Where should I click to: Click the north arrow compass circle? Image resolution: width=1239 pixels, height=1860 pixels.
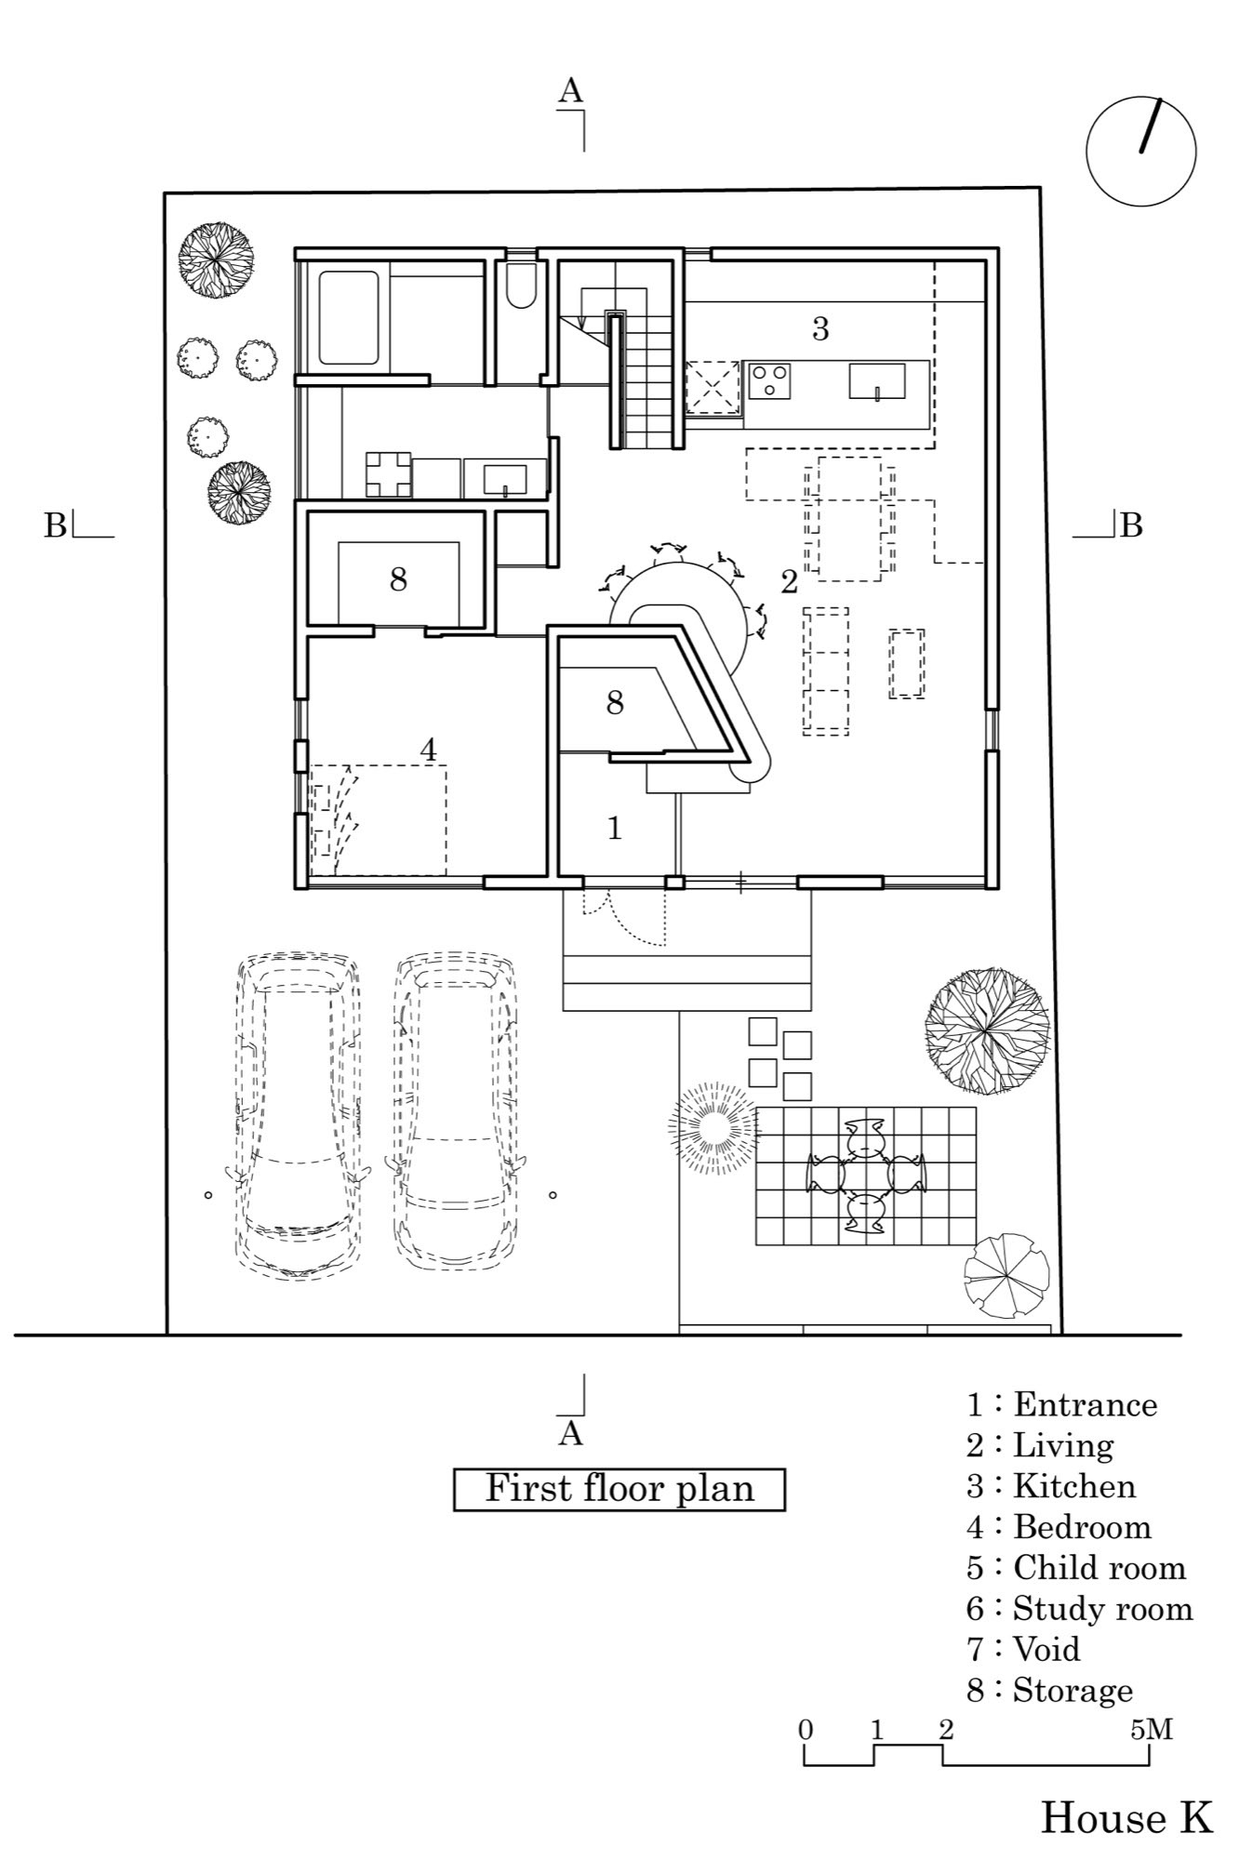(x=1140, y=151)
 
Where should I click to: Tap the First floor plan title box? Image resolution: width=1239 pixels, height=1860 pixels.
(x=619, y=1489)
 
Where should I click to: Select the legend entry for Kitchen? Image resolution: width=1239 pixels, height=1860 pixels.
(x=1051, y=1486)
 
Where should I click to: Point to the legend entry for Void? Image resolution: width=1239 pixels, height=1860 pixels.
(x=1024, y=1649)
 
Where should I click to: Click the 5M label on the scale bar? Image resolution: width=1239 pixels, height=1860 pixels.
(x=1151, y=1730)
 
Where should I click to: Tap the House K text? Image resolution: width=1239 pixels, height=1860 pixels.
(x=1126, y=1817)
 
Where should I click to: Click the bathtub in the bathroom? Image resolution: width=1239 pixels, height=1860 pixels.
(x=349, y=317)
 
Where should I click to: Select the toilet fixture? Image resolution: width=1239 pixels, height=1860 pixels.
(x=521, y=285)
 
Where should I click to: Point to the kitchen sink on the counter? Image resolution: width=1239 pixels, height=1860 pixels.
(x=876, y=380)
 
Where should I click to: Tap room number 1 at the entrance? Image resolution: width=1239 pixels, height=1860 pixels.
(x=614, y=828)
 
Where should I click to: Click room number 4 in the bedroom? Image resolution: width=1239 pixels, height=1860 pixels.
(x=428, y=750)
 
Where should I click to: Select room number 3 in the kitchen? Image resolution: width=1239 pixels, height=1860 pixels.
(x=819, y=328)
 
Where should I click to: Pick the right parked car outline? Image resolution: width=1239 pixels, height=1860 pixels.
(x=456, y=1111)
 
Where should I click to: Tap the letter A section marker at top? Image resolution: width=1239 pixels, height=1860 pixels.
(x=570, y=91)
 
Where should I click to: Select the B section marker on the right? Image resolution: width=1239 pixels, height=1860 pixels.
(x=1130, y=526)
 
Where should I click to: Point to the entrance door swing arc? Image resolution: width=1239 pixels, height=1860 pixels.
(x=642, y=921)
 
